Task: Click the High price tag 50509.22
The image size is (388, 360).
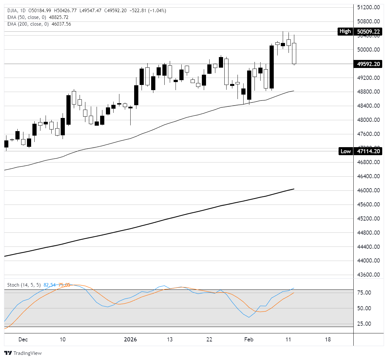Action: coord(368,31)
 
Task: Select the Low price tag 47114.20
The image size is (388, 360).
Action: coord(368,151)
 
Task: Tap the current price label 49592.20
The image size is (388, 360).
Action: coord(368,64)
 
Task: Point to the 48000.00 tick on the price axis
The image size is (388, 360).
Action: coord(368,120)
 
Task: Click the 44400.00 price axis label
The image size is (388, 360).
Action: coord(368,247)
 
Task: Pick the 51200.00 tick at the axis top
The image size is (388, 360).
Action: coord(368,7)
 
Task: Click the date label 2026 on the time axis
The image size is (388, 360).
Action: coord(130,339)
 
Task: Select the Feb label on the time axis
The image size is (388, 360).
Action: coord(249,339)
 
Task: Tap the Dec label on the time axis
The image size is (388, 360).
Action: coord(23,339)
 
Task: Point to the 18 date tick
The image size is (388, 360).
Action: coord(328,339)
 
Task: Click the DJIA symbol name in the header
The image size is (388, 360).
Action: coord(12,11)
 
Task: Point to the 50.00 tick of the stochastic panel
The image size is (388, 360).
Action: coord(364,308)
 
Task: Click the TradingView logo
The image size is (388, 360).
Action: coord(23,353)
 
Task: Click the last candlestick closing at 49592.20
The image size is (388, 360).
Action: coord(294,53)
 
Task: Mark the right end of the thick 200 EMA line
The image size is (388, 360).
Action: coord(294,189)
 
